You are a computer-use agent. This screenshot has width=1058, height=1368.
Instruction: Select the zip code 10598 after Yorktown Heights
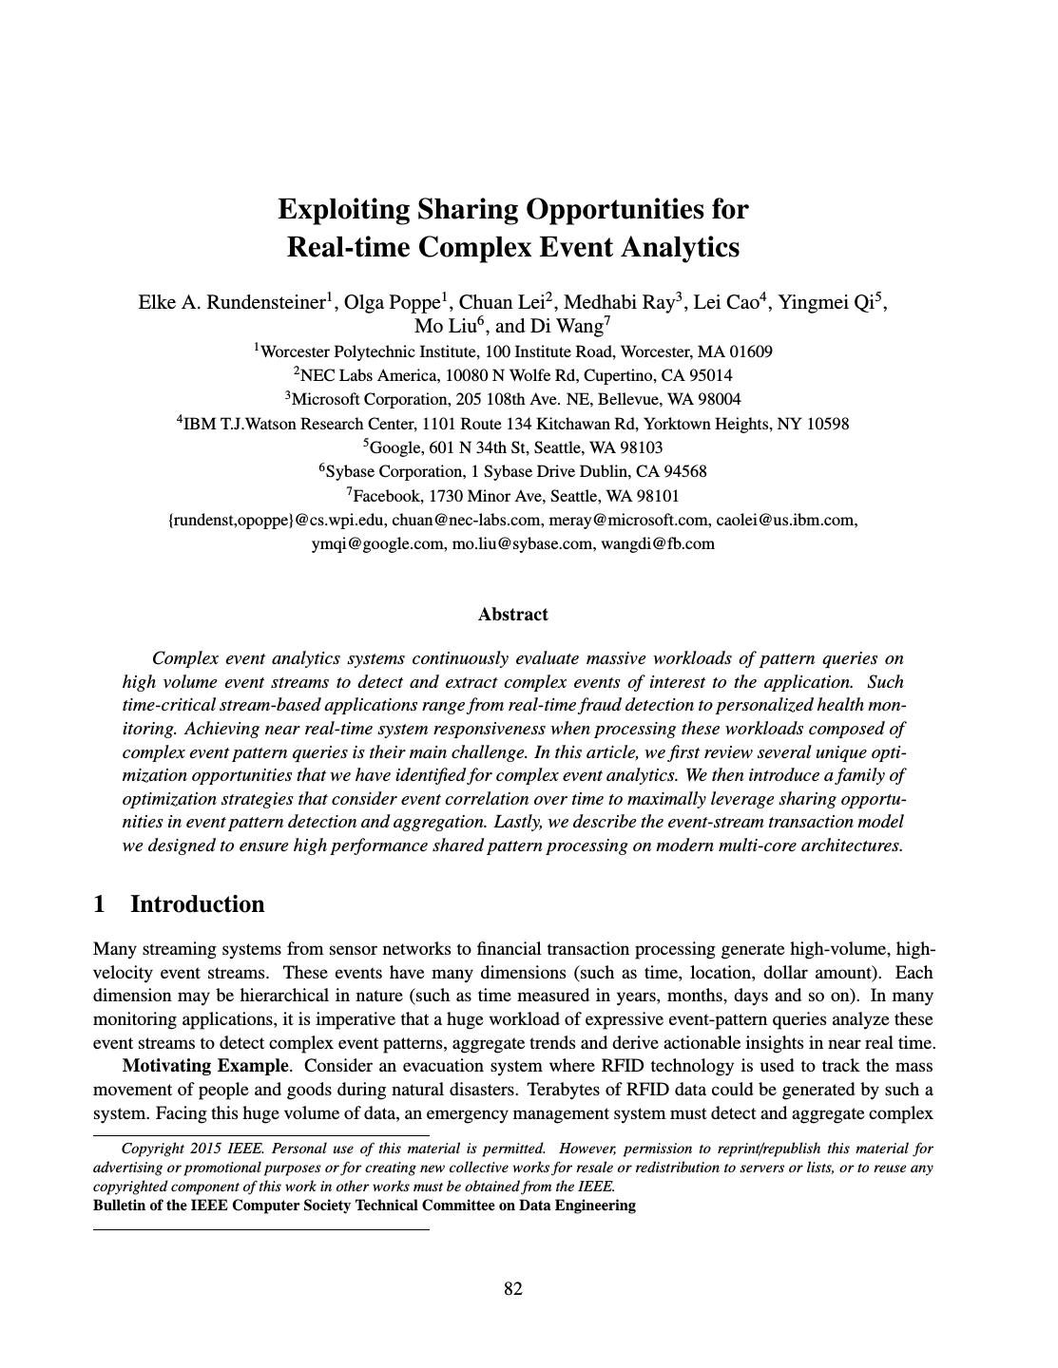point(827,424)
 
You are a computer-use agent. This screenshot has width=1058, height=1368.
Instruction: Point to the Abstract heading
point(513,615)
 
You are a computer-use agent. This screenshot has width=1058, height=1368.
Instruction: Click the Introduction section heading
point(197,904)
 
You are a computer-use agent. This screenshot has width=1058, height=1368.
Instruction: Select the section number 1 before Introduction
point(100,904)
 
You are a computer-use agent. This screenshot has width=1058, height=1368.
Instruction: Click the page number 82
point(513,1289)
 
